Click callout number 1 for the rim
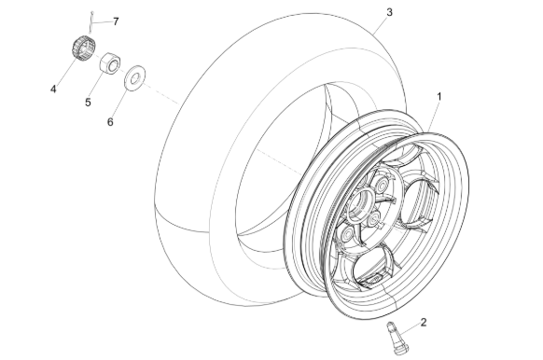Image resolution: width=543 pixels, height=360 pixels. tap(439, 97)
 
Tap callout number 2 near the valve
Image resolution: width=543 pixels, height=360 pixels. tap(424, 323)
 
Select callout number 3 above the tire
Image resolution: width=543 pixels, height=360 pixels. tap(390, 12)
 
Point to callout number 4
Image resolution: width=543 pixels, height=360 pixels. tap(53, 90)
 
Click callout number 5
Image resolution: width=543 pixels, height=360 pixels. tap(88, 103)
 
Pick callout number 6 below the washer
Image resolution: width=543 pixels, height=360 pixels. tap(110, 122)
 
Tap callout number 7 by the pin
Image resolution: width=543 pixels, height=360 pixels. tap(116, 21)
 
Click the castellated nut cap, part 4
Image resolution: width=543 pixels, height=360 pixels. tap(83, 48)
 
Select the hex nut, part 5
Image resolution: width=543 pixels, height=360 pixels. tap(110, 62)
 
